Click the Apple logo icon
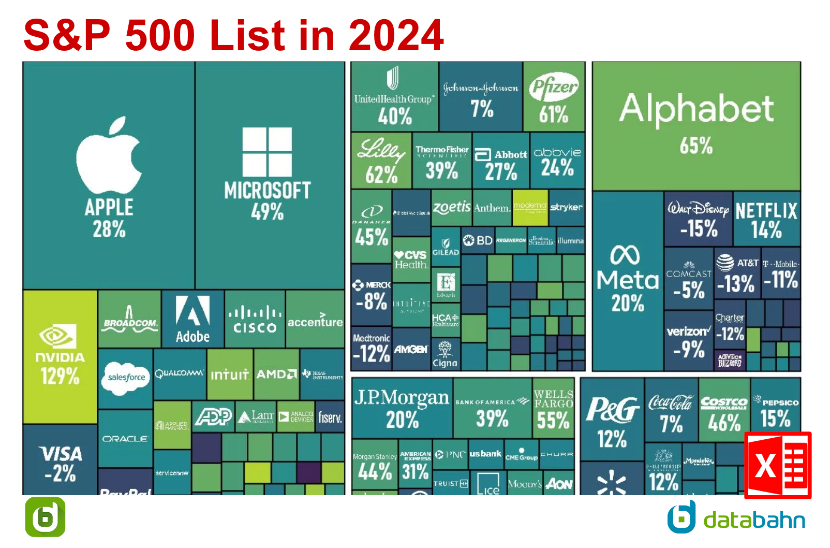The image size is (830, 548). click(x=109, y=155)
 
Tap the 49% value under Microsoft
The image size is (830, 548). click(x=267, y=211)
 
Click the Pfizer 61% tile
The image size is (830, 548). click(x=554, y=97)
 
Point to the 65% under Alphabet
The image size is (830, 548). click(x=696, y=146)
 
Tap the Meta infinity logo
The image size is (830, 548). click(x=625, y=255)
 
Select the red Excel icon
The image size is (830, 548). click(x=777, y=465)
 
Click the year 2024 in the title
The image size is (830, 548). click(x=396, y=35)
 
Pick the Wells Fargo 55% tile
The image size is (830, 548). click(x=553, y=409)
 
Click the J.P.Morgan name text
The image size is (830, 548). click(x=402, y=397)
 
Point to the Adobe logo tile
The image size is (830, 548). click(x=192, y=319)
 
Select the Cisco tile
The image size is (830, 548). click(x=255, y=319)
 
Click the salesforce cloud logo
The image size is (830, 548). click(x=126, y=378)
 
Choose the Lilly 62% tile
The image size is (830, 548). click(x=381, y=161)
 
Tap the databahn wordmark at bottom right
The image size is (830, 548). click(x=754, y=520)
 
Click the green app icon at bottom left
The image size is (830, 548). click(x=46, y=517)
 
